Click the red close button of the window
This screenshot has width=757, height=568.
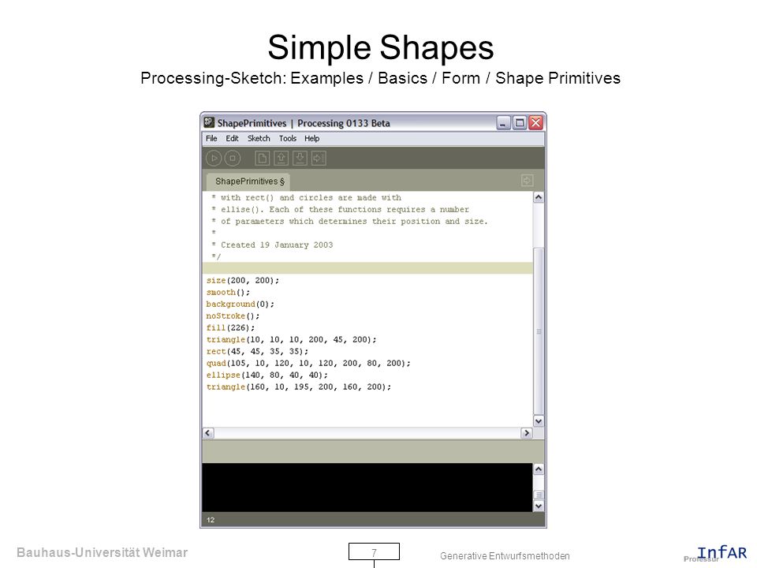pyautogui.click(x=535, y=123)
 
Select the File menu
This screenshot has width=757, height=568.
pyautogui.click(x=211, y=139)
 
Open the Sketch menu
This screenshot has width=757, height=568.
pyautogui.click(x=259, y=139)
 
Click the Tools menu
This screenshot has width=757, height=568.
pyautogui.click(x=288, y=139)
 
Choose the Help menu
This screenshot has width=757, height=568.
pyautogui.click(x=312, y=139)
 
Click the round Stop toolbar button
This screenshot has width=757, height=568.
pyautogui.click(x=232, y=158)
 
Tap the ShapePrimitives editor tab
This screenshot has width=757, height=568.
pyautogui.click(x=248, y=181)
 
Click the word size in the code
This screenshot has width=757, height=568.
pyautogui.click(x=216, y=281)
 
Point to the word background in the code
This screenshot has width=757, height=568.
pyautogui.click(x=230, y=305)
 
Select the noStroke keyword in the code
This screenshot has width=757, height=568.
pyautogui.click(x=226, y=316)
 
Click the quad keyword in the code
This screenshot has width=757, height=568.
pyautogui.click(x=216, y=363)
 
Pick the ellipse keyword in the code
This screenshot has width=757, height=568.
pyautogui.click(x=223, y=376)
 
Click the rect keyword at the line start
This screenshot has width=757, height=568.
pyautogui.click(x=216, y=352)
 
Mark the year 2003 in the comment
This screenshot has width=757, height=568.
pyautogui.click(x=323, y=245)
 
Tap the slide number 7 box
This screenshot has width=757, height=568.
pyautogui.click(x=374, y=551)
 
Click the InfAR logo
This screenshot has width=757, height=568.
pyautogui.click(x=722, y=552)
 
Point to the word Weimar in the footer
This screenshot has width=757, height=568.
pyautogui.click(x=165, y=552)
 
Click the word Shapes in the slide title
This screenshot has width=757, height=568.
pyautogui.click(x=436, y=48)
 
